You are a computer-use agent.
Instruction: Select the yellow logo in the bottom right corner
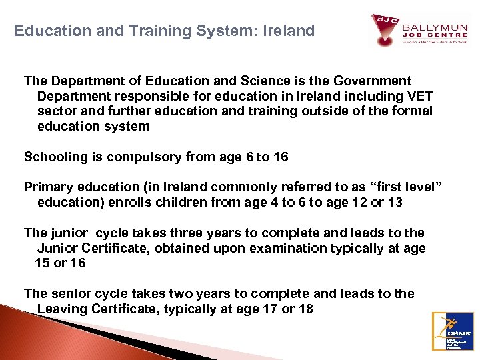(x=453, y=331)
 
